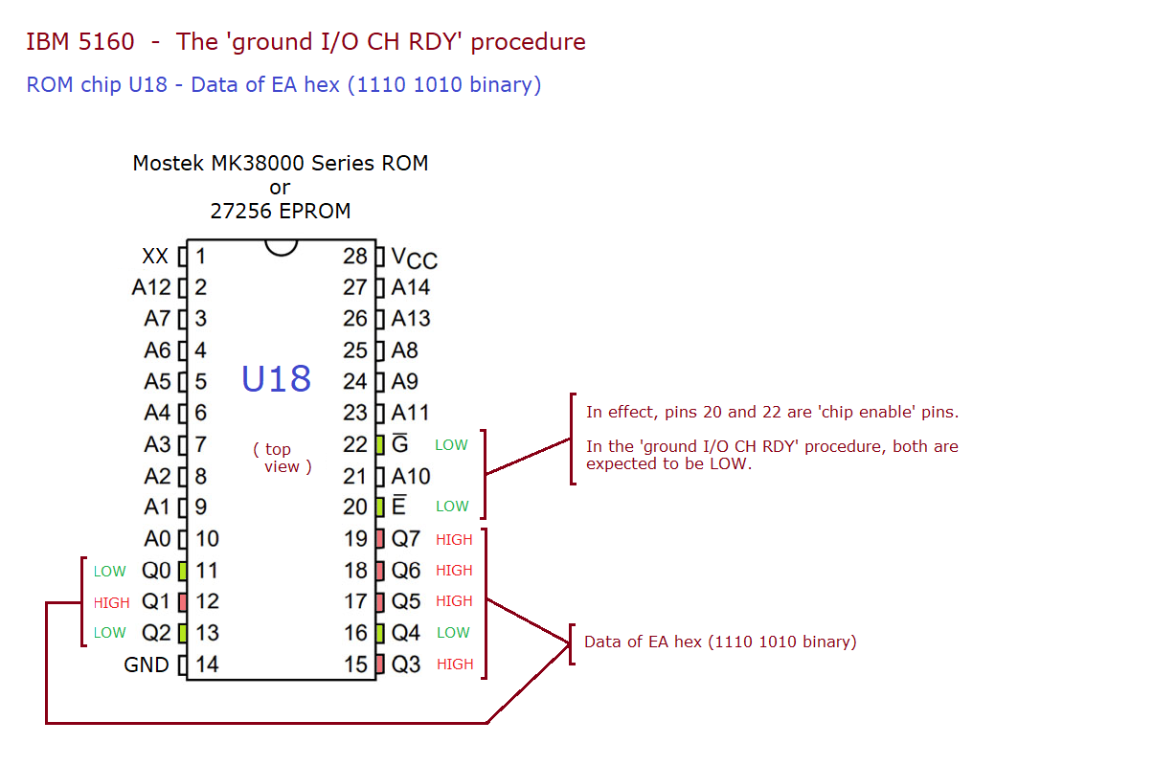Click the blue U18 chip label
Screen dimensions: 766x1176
click(x=276, y=379)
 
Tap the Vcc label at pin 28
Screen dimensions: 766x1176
click(x=414, y=259)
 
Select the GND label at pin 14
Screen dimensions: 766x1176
click(x=147, y=665)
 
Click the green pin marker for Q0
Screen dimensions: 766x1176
click(x=182, y=571)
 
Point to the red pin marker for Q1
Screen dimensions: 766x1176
click(x=182, y=602)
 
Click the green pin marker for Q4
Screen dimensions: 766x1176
click(x=380, y=633)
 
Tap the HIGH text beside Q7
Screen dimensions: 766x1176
click(x=454, y=540)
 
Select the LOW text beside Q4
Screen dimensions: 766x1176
click(x=453, y=633)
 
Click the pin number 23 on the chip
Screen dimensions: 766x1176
click(x=355, y=413)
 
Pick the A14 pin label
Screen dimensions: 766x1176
click(x=411, y=287)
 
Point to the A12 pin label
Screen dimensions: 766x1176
click(x=151, y=287)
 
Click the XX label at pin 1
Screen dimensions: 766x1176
click(x=155, y=257)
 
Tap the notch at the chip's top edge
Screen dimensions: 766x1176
click(x=281, y=247)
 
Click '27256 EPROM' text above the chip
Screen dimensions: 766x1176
click(x=280, y=211)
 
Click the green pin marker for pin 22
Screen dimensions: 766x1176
click(x=380, y=444)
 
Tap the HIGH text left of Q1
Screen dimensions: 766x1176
click(x=111, y=603)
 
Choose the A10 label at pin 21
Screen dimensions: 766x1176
click(x=411, y=476)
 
